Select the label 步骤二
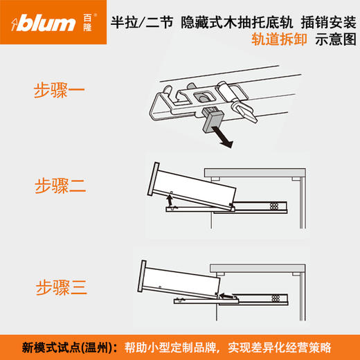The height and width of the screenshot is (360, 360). (62, 186)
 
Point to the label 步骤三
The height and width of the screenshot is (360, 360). (62, 285)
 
